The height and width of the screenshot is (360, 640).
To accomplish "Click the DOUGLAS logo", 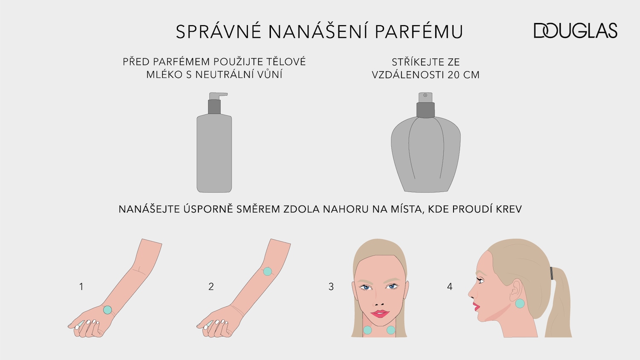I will tap(575, 31).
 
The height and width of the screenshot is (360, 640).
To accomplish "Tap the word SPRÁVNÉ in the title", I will tap(218, 32).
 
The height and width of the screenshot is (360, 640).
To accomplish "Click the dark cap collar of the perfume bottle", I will tap(425, 110).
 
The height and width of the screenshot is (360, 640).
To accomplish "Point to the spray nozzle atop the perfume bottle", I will tap(425, 96).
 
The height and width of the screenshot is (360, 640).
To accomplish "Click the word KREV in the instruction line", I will tap(508, 209).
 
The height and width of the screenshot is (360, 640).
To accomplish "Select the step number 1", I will tap(81, 287).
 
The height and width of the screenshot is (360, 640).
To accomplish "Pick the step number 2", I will tap(211, 287).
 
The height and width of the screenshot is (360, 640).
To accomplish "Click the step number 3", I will tap(331, 287).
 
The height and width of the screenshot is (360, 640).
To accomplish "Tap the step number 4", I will tap(449, 287).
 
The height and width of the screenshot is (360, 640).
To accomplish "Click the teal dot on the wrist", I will tap(108, 310).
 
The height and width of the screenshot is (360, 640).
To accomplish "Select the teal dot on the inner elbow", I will tap(268, 271).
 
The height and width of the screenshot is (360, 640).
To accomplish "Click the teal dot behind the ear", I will tap(520, 304).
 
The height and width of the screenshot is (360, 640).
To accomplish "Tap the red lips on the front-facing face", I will tap(380, 314).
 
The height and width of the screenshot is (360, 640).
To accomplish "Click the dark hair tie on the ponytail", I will tap(552, 273).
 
